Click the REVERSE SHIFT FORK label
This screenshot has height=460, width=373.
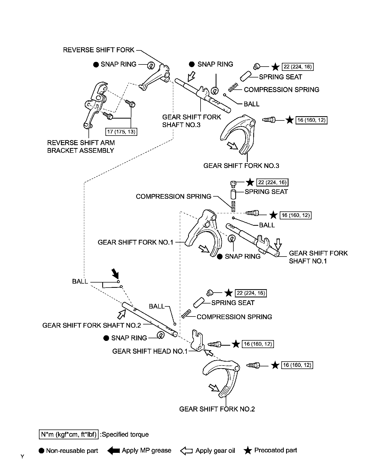coord(99,50)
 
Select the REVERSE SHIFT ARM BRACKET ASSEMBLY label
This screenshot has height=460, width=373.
coord(81,146)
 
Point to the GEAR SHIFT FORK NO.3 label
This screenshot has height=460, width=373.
coord(241,166)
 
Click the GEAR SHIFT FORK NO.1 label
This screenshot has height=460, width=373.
coord(135,242)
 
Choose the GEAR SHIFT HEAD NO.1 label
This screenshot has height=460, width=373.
coord(150,351)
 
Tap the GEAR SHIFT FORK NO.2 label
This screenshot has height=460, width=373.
coord(217,409)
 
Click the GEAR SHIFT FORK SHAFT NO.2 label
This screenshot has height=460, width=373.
coord(91,325)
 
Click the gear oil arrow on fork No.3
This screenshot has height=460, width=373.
coord(233,146)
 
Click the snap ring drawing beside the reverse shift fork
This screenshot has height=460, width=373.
coord(151,65)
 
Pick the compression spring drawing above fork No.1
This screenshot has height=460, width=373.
coord(233,206)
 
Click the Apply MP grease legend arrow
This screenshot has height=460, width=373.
coord(114,450)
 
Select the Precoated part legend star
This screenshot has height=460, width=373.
coord(248,450)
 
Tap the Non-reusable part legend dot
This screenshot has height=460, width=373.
coord(41,451)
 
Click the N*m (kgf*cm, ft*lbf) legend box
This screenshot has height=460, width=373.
coord(68,435)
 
